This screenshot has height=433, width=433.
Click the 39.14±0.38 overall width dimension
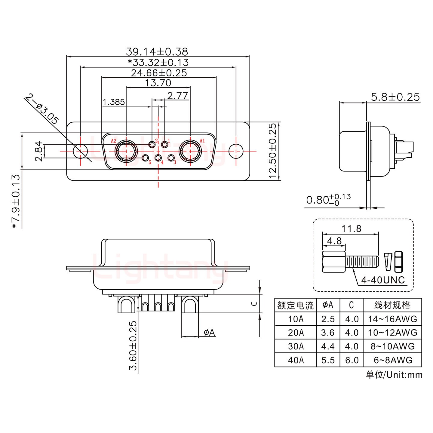tap(157, 51)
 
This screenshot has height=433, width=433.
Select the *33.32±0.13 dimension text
tap(158, 63)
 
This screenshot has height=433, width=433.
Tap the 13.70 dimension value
tap(158, 83)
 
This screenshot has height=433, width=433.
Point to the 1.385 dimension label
tap(114, 102)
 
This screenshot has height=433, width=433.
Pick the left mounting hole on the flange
tap(81, 151)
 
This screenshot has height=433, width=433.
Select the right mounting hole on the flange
tap(236, 151)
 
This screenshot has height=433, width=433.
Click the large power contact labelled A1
tap(190, 151)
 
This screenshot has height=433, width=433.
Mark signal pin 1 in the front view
tap(165, 145)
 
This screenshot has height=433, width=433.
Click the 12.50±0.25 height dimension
tap(272, 151)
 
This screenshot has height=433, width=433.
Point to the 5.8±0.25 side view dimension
tap(395, 97)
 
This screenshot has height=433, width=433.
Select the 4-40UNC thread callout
tap(383, 280)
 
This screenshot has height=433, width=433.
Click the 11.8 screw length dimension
tap(351, 229)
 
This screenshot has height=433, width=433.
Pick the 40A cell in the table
tap(296, 360)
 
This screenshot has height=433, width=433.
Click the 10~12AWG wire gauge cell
tap(392, 333)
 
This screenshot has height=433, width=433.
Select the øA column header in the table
tap(328, 305)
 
